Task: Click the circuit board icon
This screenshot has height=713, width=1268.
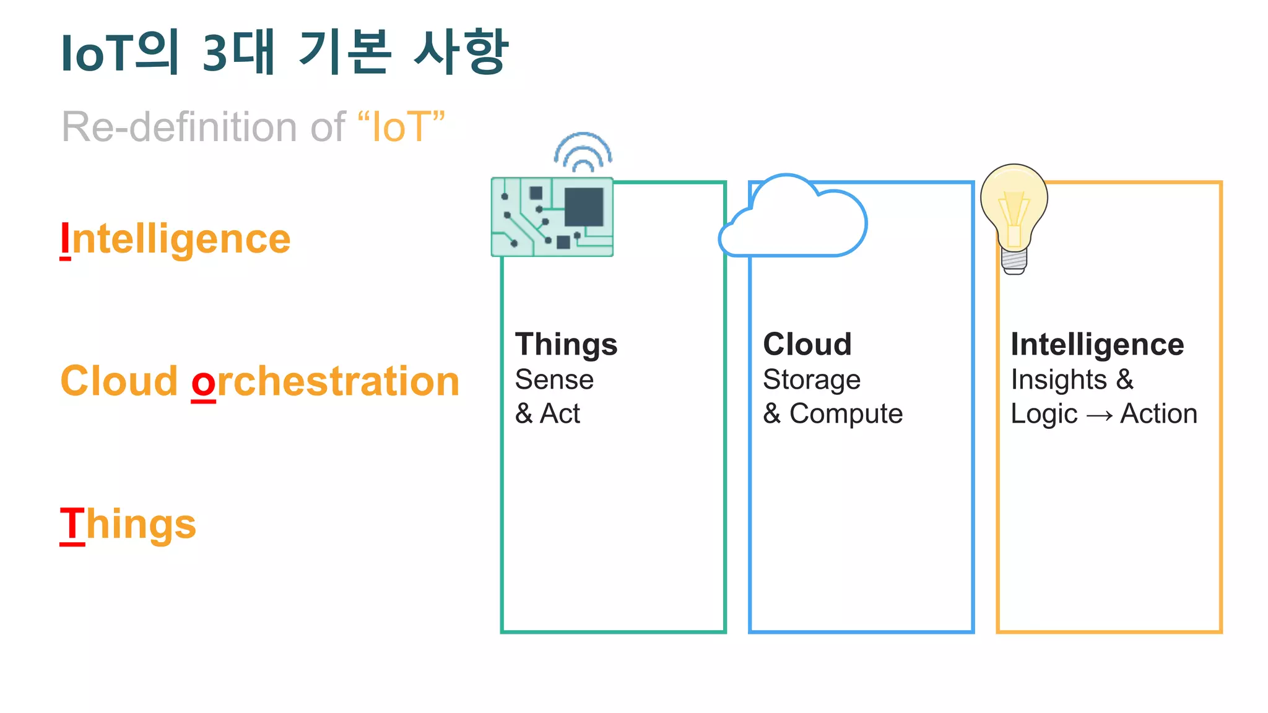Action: pyautogui.click(x=552, y=217)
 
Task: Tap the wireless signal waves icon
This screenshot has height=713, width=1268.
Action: pyautogui.click(x=583, y=152)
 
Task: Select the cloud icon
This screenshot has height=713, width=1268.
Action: pyautogui.click(x=793, y=220)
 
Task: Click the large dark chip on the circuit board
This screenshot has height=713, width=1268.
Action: pyautogui.click(x=584, y=207)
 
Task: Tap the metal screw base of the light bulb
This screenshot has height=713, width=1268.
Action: pyautogui.click(x=1014, y=262)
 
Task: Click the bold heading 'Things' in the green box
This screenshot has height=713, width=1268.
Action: pyautogui.click(x=566, y=344)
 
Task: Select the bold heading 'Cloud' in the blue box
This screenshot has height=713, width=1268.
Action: pyautogui.click(x=807, y=344)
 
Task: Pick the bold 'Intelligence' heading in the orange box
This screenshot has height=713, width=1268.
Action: pyautogui.click(x=1097, y=344)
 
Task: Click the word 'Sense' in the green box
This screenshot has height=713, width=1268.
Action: pyautogui.click(x=554, y=379)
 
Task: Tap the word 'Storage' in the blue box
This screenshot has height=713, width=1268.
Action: pyautogui.click(x=812, y=379)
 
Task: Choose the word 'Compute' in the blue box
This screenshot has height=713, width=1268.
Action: pyautogui.click(x=846, y=413)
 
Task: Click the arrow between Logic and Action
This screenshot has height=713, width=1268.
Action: pyautogui.click(x=1099, y=415)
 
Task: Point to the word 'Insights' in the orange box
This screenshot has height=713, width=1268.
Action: pyautogui.click(x=1059, y=379)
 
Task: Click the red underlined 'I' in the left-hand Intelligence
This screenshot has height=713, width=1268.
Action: pyautogui.click(x=65, y=240)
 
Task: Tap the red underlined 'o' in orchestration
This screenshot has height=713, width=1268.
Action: pyautogui.click(x=203, y=382)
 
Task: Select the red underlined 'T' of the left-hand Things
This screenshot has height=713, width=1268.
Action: pyautogui.click(x=72, y=524)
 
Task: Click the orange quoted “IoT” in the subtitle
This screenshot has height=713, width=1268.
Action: pyautogui.click(x=401, y=127)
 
